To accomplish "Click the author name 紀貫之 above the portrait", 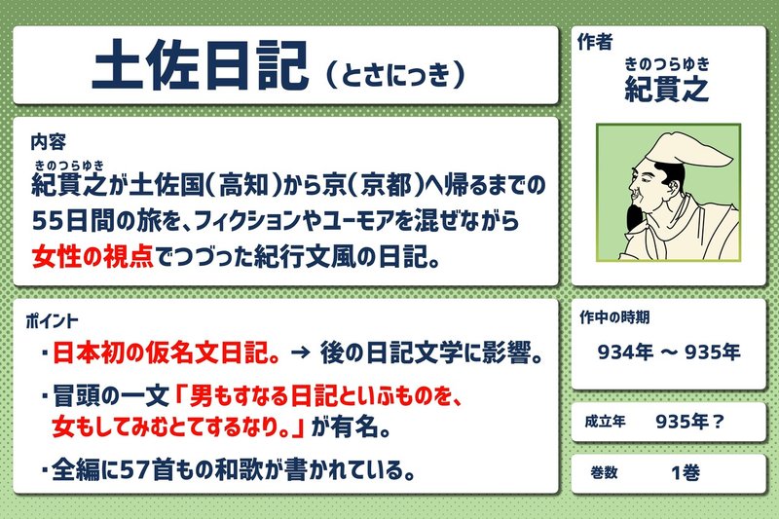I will coord(667,89).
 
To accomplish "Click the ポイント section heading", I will coord(54,319).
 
